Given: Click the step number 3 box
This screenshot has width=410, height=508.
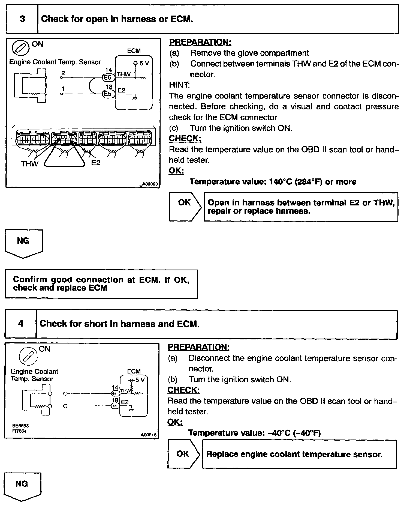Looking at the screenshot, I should (x=22, y=19).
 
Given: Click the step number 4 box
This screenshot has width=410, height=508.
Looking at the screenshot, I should (x=21, y=324).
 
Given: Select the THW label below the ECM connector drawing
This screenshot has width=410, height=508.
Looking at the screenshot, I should (x=29, y=163).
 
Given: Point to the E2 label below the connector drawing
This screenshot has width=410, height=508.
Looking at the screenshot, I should (x=96, y=163).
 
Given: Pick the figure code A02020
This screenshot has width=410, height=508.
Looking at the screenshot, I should (x=150, y=184).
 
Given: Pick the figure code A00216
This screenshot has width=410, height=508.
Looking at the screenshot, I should (x=149, y=435).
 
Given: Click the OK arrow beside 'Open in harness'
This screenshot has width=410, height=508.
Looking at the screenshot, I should (x=185, y=207).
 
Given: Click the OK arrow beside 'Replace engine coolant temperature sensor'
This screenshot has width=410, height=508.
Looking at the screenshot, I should (x=183, y=454).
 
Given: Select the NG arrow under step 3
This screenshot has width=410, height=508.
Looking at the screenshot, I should (x=23, y=243).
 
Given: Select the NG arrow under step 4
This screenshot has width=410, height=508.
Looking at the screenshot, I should (x=22, y=486).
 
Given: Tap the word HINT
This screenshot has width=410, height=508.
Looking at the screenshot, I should (x=179, y=85).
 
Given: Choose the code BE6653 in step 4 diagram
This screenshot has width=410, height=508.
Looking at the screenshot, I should (x=20, y=425).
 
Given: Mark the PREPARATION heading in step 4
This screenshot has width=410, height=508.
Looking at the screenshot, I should (x=198, y=347).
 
